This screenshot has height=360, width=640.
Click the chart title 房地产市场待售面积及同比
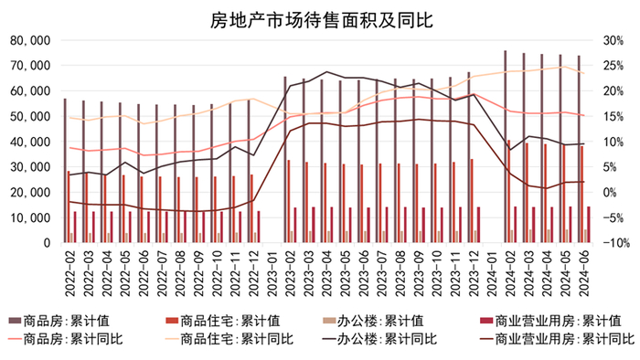click(x=321, y=17)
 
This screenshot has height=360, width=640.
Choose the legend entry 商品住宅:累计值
click(x=229, y=320)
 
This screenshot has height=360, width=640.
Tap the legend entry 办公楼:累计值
click(x=374, y=320)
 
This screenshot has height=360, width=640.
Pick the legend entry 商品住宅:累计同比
click(x=229, y=339)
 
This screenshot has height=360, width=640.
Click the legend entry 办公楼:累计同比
click(x=374, y=339)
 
